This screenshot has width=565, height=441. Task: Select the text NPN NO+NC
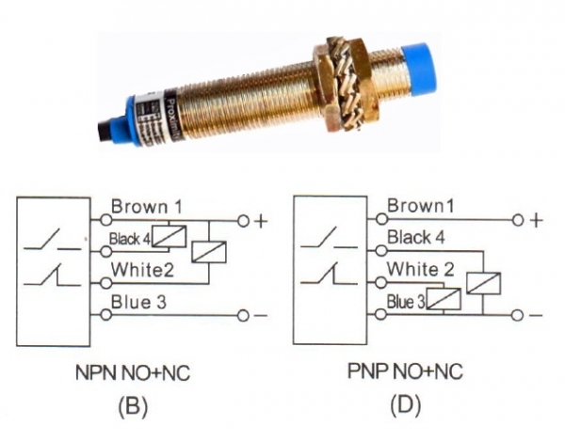pyautogui.click(x=134, y=373)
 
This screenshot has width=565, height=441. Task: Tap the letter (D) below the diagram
pyautogui.click(x=406, y=406)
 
